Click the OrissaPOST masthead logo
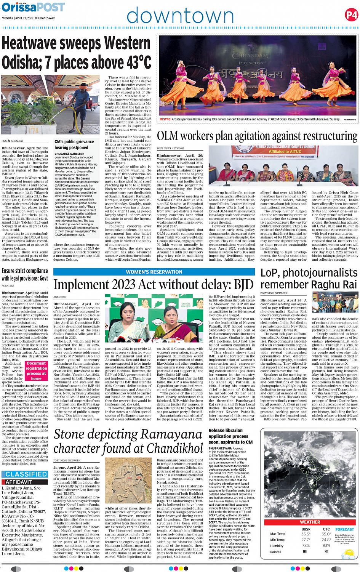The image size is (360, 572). click(33, 7)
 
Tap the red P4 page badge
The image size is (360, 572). click(351, 15)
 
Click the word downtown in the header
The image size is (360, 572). click(180, 16)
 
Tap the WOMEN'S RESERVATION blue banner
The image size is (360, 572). click(154, 272)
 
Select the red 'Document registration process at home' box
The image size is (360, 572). click(36, 371)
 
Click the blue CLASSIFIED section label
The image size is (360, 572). click(26, 474)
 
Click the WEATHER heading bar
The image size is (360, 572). click(310, 522)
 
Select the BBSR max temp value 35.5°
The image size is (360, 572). click(306, 534)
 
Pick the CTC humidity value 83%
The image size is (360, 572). click(326, 546)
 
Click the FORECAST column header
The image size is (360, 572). click(344, 529)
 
